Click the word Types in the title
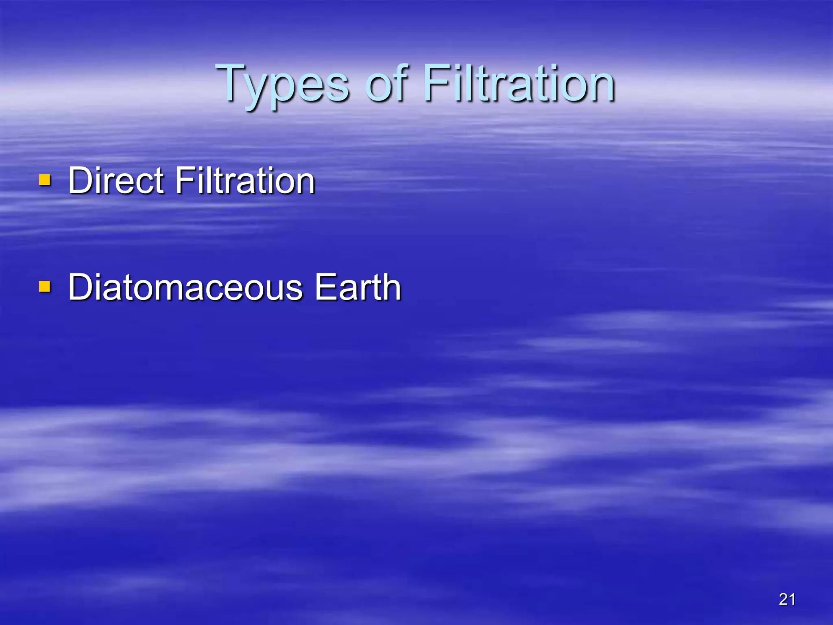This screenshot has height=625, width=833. click(x=282, y=83)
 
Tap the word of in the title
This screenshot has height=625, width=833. click(x=386, y=83)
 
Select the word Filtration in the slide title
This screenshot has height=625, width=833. click(x=519, y=83)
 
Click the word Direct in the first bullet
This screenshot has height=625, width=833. click(x=116, y=181)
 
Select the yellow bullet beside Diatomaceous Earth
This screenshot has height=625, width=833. click(x=45, y=286)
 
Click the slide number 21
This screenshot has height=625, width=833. click(x=787, y=599)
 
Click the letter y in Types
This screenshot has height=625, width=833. click(x=257, y=90)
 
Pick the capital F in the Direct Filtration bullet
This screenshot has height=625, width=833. click(x=185, y=181)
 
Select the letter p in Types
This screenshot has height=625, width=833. click(x=285, y=90)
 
